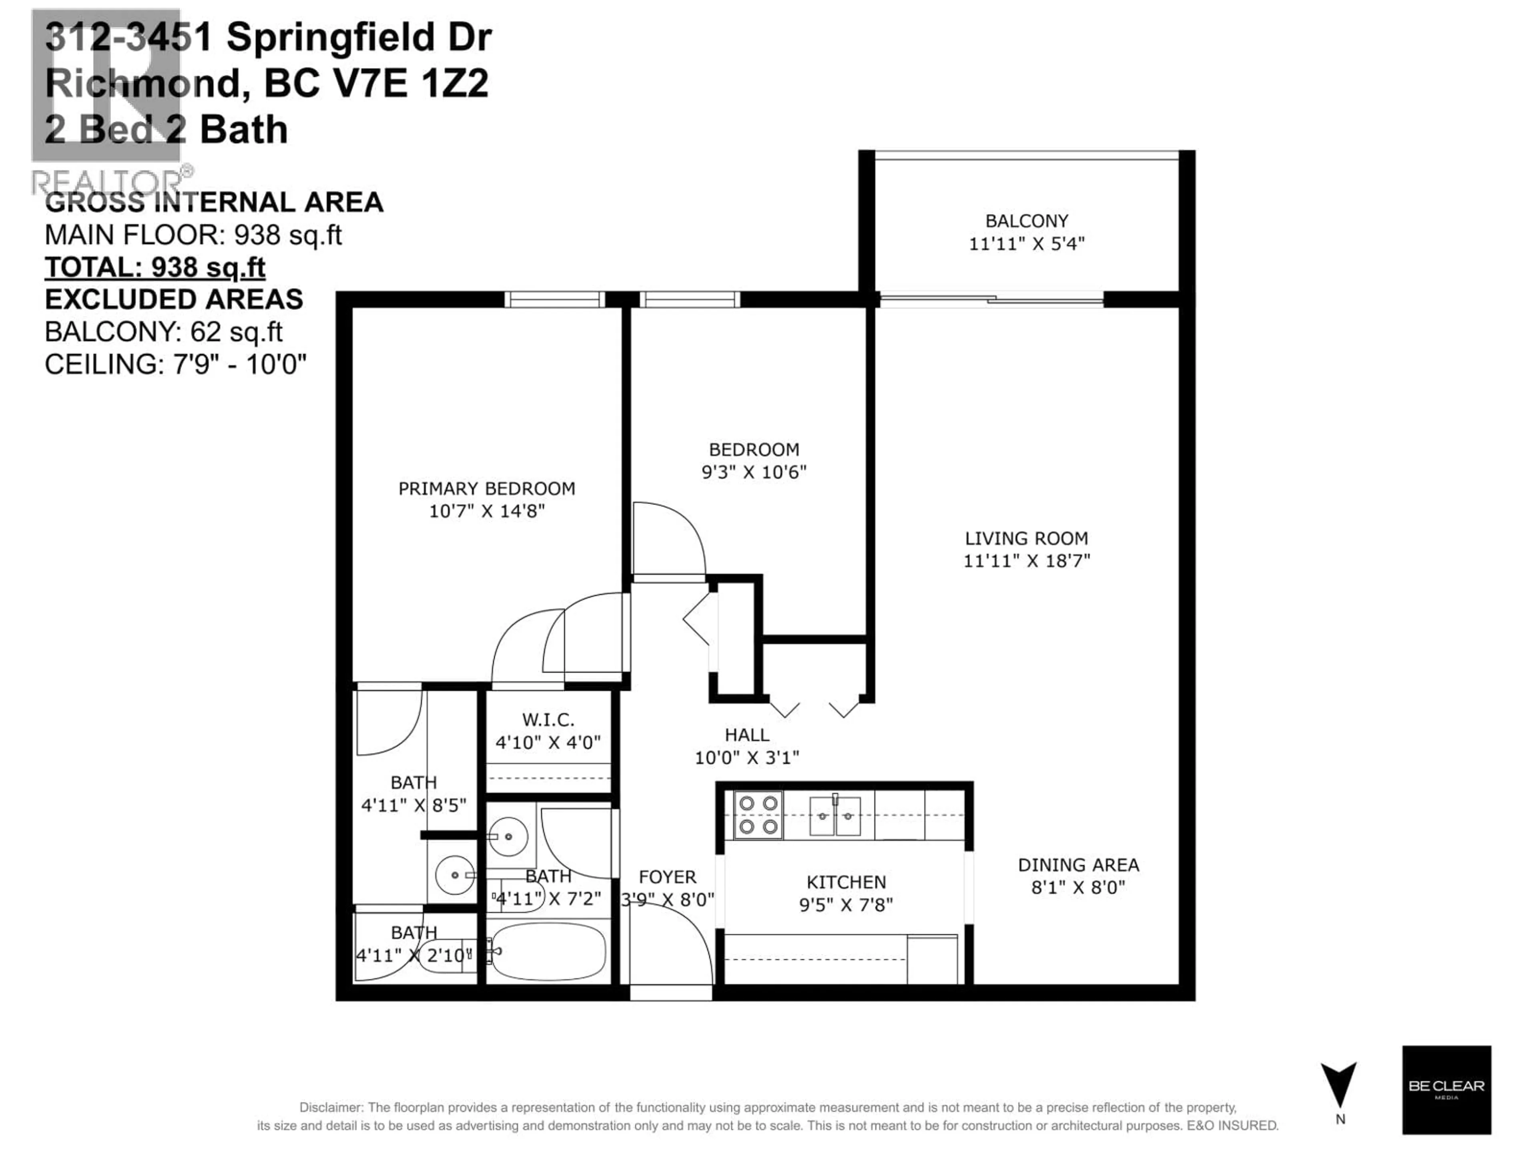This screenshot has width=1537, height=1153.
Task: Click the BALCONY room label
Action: pos(1026,221)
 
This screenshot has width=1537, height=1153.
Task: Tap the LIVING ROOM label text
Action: pos(1026,538)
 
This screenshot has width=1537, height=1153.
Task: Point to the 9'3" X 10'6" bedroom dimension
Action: pos(754,472)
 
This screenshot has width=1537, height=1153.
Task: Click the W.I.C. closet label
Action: pos(548,719)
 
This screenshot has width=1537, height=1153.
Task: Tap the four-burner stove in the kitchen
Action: pos(758,815)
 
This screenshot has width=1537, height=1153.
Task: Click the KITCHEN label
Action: pos(846,882)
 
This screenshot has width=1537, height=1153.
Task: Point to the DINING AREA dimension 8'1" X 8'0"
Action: pos(1078,888)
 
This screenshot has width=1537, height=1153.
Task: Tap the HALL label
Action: pos(747,735)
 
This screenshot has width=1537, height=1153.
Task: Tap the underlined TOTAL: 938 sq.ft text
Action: pos(155,267)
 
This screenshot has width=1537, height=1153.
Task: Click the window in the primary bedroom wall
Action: pos(554,299)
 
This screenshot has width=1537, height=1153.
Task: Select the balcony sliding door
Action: pos(991,299)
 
